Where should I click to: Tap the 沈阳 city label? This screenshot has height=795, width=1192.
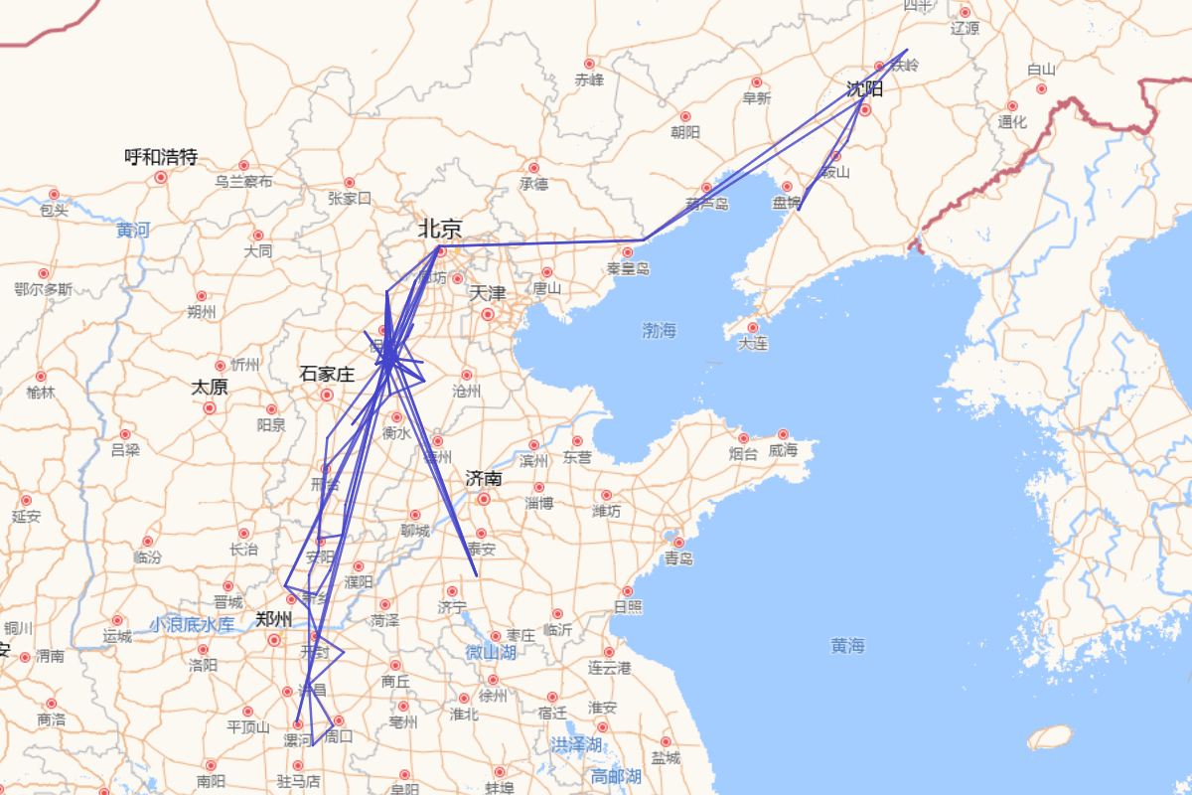coord(864,88)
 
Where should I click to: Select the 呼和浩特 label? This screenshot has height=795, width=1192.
coord(161,157)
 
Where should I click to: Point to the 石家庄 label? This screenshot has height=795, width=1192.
coord(327,375)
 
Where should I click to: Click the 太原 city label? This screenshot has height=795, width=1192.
coord(210,387)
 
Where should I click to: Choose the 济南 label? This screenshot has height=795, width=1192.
coord(484,479)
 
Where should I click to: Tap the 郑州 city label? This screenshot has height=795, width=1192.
coord(273,619)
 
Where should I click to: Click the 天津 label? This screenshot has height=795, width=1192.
coord(488,293)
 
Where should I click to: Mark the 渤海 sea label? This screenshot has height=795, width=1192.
coord(659,330)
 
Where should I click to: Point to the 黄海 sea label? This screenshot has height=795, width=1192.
coord(847,646)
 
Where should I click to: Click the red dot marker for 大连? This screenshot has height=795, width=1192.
coord(753,327)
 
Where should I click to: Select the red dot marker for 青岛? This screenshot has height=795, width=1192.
coord(679,543)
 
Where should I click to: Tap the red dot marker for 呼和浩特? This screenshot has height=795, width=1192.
coord(161,177)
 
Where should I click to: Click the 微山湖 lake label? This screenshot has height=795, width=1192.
coord(491,653)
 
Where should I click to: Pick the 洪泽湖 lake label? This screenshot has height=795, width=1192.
coord(577,744)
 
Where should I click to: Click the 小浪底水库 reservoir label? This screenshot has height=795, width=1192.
coord(193,625)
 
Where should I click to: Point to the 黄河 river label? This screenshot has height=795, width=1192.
coord(133,231)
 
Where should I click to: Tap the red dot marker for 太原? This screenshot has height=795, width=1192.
coord(210,407)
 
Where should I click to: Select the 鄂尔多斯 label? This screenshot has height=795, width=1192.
coord(44,289)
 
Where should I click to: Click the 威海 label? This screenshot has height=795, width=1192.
coord(783,451)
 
